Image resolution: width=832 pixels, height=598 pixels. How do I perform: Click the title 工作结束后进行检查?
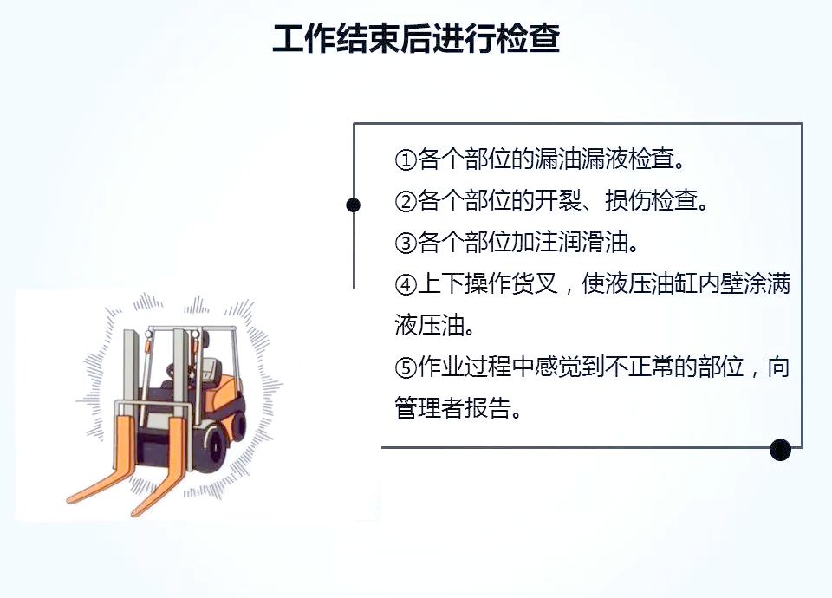point(416,37)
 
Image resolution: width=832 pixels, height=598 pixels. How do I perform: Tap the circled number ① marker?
point(406,159)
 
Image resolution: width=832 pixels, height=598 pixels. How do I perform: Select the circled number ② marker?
point(406,202)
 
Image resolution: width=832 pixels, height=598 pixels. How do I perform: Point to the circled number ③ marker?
point(406,243)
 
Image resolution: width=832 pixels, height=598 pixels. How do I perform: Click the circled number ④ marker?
point(406,285)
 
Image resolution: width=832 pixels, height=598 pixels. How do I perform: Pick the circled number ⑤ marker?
point(406,367)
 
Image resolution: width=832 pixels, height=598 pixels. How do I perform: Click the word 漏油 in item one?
point(557,159)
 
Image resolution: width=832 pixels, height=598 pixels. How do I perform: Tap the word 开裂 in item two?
point(557,200)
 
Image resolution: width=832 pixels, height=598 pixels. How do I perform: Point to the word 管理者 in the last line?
point(429,408)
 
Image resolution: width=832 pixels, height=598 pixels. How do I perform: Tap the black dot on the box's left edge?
point(353,205)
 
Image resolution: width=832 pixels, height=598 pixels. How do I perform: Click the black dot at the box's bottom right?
point(781,450)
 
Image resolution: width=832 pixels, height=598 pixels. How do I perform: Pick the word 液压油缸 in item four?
point(651,284)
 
